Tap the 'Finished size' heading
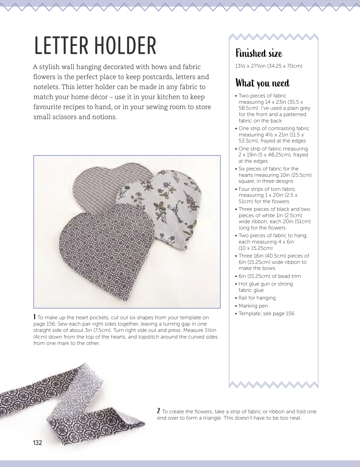click(x=259, y=53)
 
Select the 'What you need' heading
click(x=263, y=83)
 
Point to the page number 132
click(x=38, y=443)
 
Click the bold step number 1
click(x=35, y=317)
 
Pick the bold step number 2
click(x=159, y=411)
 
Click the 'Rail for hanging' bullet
click(x=257, y=298)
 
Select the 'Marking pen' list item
click(x=253, y=306)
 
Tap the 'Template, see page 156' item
click(x=266, y=314)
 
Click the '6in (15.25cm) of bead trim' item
click(x=270, y=276)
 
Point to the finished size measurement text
click(x=269, y=66)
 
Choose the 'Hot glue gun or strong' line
click(x=266, y=284)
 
